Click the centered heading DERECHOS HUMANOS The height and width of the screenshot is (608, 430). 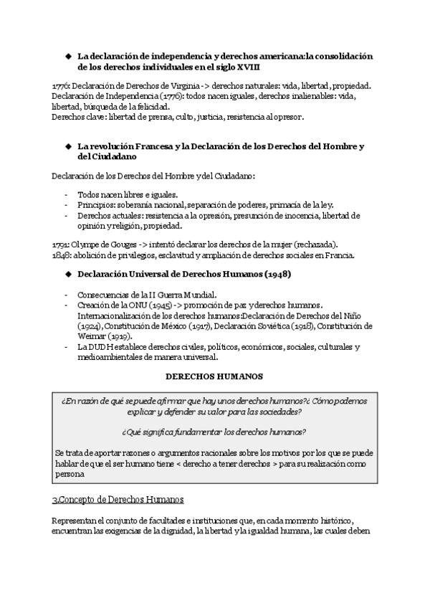click(x=214, y=376)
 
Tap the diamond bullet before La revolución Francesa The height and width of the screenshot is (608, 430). click(x=69, y=146)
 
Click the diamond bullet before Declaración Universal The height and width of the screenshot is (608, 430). click(x=69, y=274)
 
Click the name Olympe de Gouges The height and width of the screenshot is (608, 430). click(x=100, y=244)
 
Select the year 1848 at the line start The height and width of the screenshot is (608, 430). click(x=60, y=255)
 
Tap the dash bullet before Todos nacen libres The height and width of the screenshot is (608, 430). click(x=67, y=194)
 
